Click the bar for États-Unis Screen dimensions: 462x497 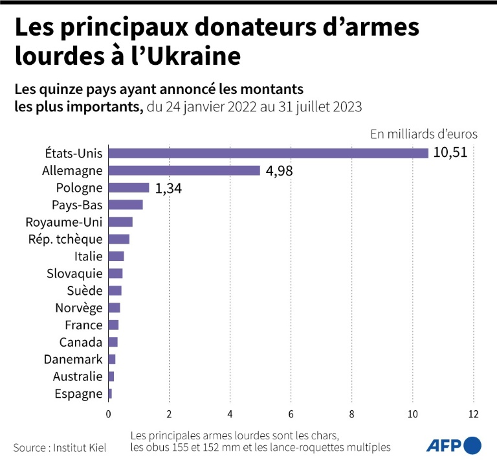268,153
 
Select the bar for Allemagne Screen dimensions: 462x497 184,170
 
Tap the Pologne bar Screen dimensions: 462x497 128,188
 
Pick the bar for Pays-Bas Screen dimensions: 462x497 125,205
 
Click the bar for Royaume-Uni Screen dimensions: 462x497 120,222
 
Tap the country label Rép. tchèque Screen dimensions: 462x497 65,239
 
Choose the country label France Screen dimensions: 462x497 83,325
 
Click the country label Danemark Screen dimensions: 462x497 72,359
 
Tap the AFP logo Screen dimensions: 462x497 453,445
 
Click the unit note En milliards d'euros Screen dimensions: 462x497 424,134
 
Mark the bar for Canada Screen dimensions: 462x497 113,341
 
